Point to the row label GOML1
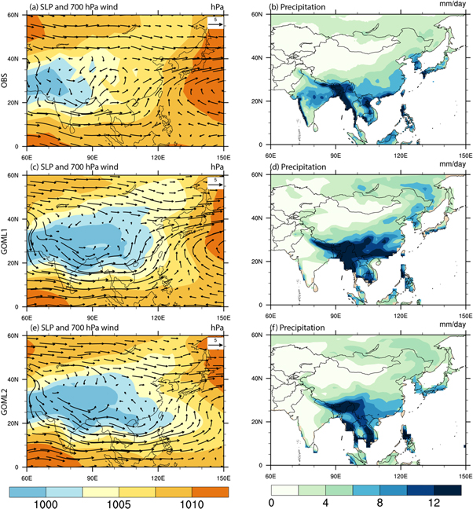click(x=6, y=243)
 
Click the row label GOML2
click(x=6, y=404)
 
